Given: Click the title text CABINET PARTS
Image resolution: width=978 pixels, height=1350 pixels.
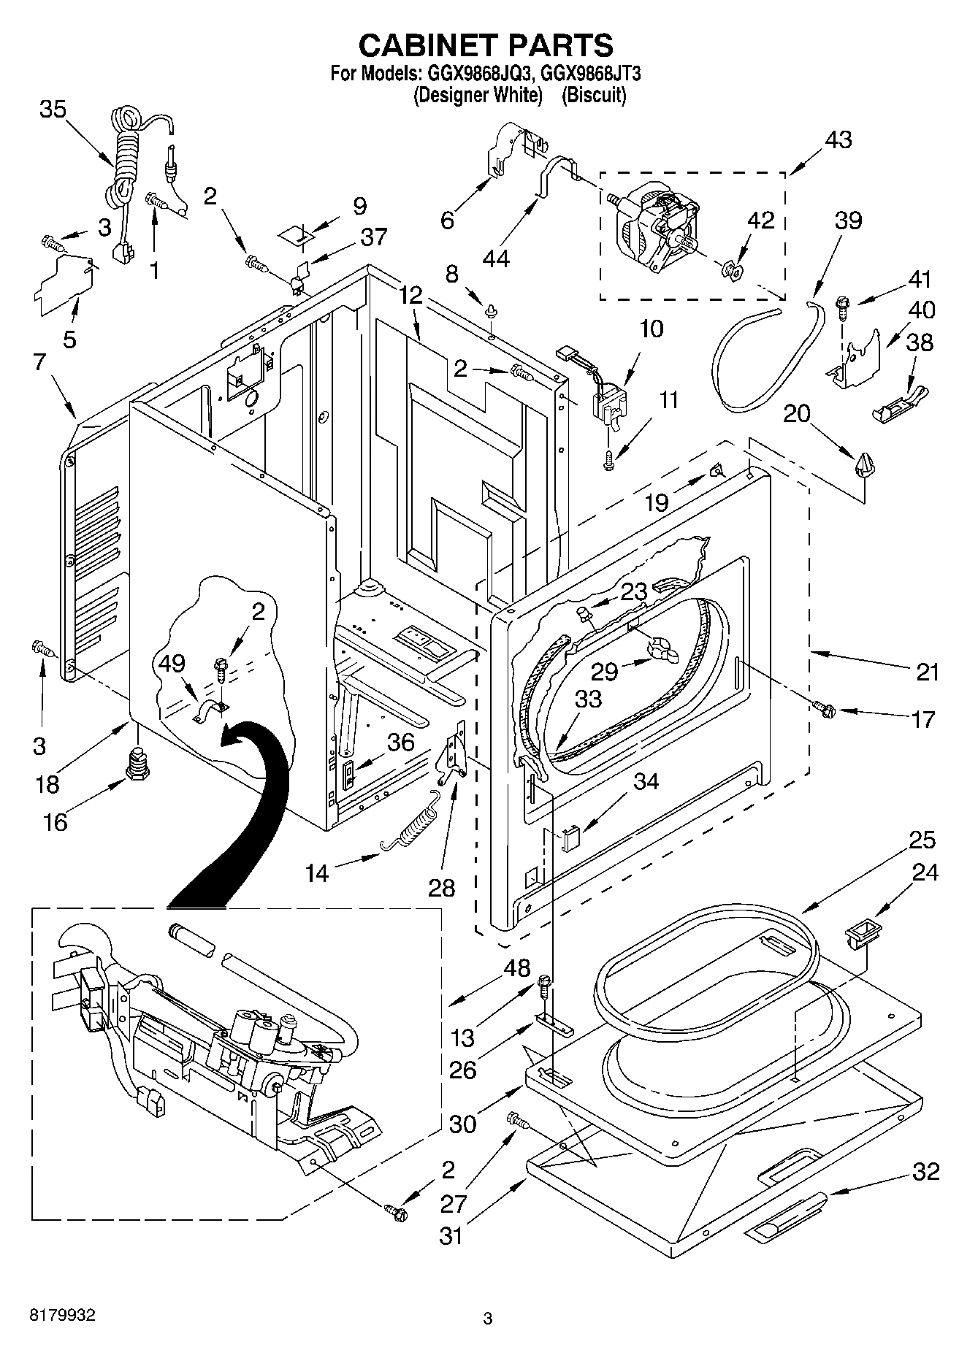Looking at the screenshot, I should (x=486, y=45).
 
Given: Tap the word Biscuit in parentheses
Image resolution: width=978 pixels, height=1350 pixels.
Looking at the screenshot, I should (x=594, y=95).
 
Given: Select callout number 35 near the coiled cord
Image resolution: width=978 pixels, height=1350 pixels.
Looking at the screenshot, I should (x=53, y=110).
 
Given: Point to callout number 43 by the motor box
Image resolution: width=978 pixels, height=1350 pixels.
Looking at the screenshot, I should (x=838, y=139).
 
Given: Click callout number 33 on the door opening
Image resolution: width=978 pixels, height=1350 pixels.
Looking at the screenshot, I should (x=588, y=699).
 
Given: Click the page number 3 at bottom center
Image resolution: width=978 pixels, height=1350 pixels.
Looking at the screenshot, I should (x=488, y=1319).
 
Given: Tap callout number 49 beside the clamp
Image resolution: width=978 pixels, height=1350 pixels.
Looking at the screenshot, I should (x=172, y=663).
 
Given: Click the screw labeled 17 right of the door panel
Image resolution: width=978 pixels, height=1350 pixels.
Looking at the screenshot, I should (x=825, y=707).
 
